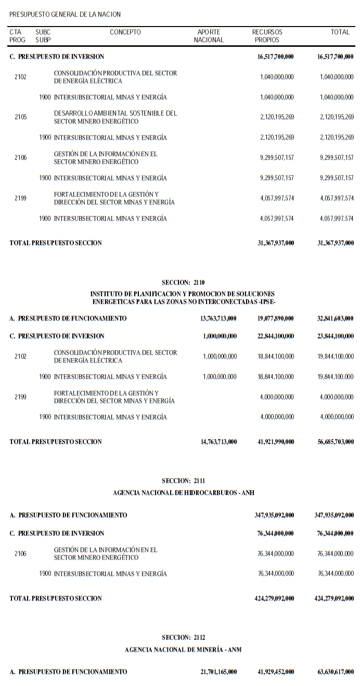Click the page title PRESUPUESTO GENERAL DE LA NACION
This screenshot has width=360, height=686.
pos(65,15)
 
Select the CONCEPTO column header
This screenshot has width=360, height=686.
pos(125,32)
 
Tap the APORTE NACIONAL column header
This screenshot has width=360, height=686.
pos(209,36)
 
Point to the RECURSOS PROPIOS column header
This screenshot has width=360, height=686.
pos(267,36)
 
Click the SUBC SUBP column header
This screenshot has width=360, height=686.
pos(43,36)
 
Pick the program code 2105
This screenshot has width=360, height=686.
pos(21,117)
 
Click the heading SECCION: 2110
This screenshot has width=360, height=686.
pos(183,283)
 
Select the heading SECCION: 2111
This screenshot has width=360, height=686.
pos(183,481)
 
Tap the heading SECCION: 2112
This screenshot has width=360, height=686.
pos(183,638)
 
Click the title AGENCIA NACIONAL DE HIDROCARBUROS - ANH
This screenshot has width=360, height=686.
pos(183,492)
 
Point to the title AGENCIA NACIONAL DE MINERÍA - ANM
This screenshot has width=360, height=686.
pos(183,650)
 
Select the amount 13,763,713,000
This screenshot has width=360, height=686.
pos(218,319)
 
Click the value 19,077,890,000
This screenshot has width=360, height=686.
pos(276,319)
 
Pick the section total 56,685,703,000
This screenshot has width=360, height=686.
pos(335,442)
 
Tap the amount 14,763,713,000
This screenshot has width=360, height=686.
pos(218,442)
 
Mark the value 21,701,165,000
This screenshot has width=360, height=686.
pos(218,672)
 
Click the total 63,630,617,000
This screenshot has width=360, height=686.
pos(335,672)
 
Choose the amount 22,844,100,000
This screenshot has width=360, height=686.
pos(276,336)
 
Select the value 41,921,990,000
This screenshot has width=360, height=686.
pos(276,442)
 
